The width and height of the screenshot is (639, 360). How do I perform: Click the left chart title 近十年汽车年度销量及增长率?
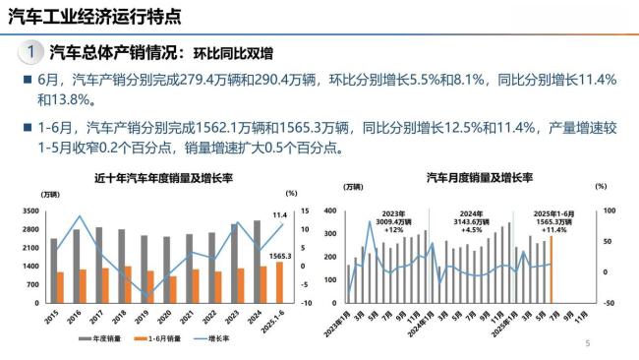161,178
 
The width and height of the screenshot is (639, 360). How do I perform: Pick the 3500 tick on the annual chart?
29,211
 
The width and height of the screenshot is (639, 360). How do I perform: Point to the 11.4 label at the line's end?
279,214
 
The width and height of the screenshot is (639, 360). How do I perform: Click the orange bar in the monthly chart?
552,269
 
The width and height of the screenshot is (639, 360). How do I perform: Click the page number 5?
587,344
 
